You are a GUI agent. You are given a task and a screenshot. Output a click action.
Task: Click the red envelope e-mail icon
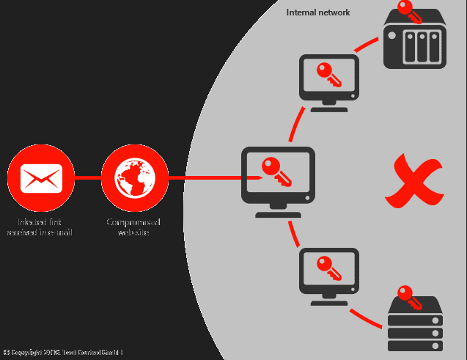tap(41, 177)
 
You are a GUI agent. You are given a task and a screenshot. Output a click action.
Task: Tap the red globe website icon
tap(134, 177)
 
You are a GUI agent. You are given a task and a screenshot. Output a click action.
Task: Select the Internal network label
tap(318, 12)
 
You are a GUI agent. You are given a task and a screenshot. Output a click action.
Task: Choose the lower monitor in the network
tap(329, 276)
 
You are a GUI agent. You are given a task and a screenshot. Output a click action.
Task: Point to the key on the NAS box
tap(410, 11)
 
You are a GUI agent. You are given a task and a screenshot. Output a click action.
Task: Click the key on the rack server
tap(408, 296)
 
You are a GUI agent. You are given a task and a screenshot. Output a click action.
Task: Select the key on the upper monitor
tap(327, 74)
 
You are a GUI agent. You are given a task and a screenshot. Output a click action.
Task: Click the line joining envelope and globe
tap(88, 177)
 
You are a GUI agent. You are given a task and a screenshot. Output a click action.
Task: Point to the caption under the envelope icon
tap(40, 227)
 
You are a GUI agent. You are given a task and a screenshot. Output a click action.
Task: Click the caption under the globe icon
tap(133, 227)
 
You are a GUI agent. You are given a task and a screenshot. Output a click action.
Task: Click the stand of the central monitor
tap(278, 210)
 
